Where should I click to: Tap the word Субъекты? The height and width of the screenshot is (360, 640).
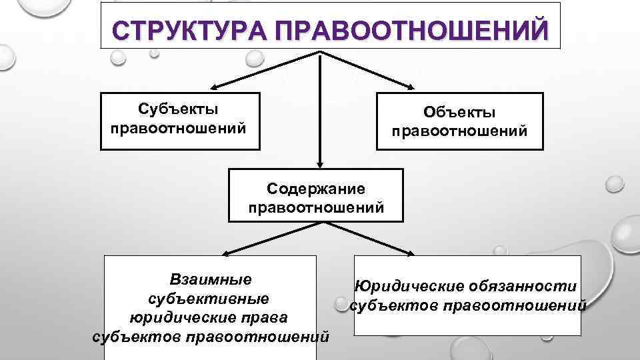coord(179,108)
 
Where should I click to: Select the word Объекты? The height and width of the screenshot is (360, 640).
coord(460,113)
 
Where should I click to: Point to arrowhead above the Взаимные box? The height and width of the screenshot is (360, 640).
coord(223,253)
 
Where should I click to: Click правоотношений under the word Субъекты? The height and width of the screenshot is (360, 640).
coord(179,127)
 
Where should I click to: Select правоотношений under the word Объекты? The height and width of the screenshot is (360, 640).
coord(460,131)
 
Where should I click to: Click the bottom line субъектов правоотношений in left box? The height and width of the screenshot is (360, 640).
coord(210,335)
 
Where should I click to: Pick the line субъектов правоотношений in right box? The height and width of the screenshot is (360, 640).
coord(467,305)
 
